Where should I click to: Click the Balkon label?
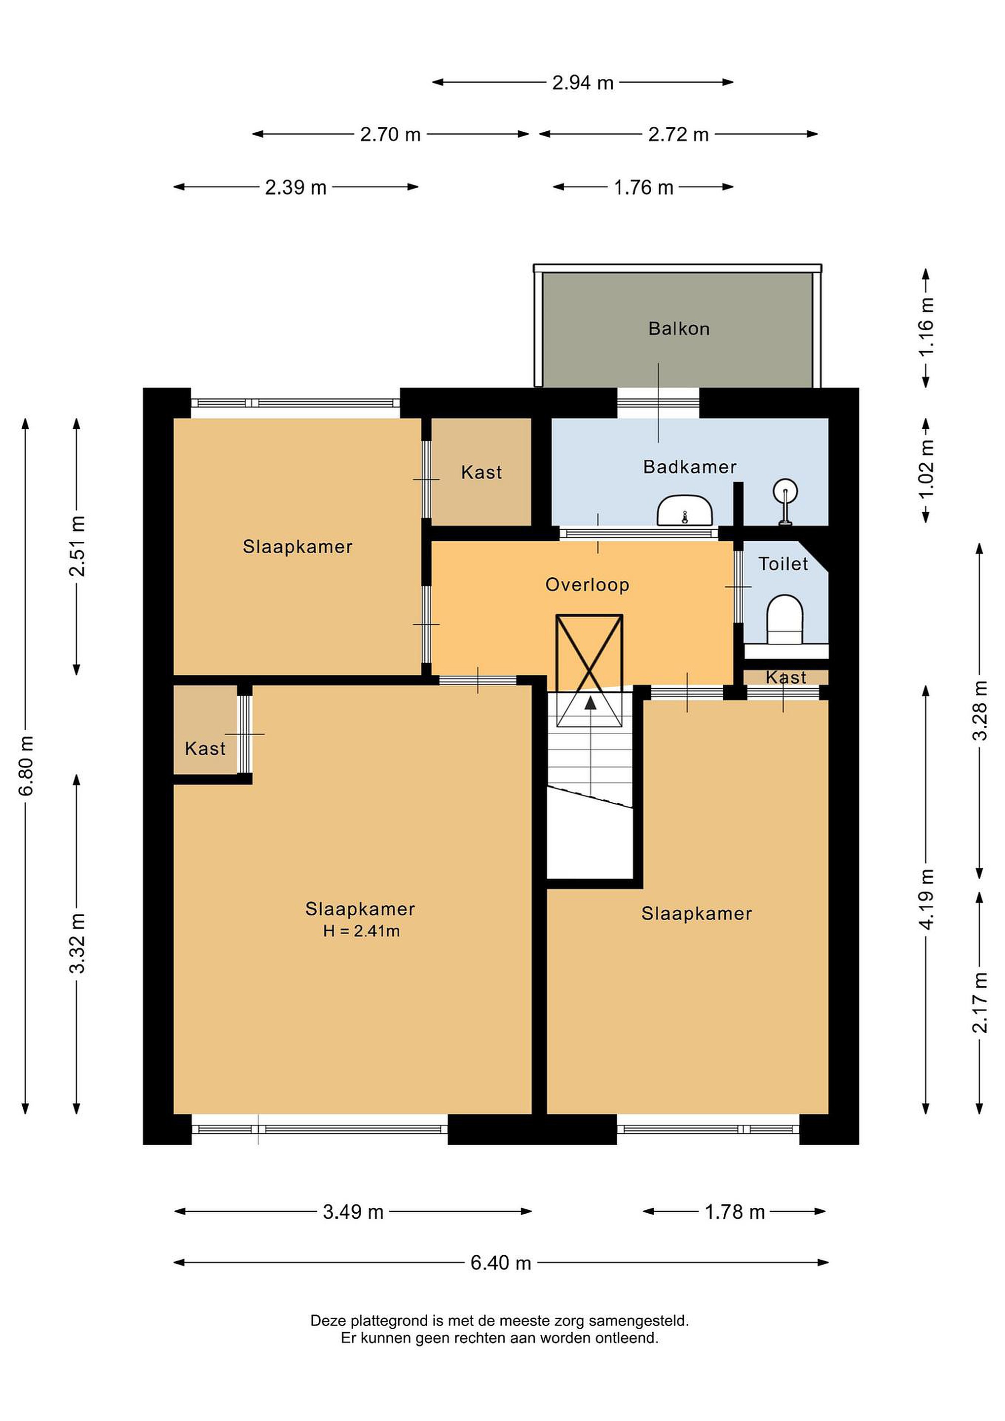(679, 328)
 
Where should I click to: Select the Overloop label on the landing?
(587, 585)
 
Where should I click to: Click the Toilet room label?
(783, 564)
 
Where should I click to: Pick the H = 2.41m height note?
(362, 931)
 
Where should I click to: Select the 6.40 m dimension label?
(501, 1263)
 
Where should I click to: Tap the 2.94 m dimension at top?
(583, 82)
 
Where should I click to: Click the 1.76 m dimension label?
(643, 187)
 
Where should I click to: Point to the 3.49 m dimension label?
(353, 1212)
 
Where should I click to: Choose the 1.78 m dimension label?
(735, 1212)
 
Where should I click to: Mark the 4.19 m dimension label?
(927, 898)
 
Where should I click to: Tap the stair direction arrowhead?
(591, 703)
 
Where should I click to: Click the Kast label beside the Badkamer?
(482, 472)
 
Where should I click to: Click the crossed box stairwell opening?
(589, 670)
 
